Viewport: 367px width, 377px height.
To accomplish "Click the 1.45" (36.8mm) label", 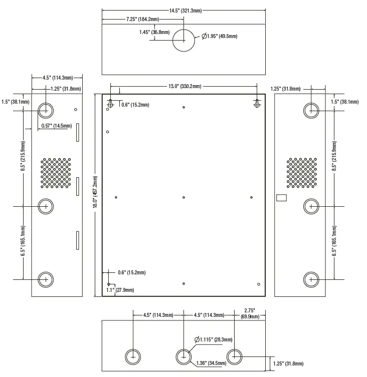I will coord(154,32).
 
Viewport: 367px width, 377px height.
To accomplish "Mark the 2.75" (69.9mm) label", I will coord(249,314).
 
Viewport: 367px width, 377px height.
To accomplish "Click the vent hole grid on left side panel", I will coord(56,173).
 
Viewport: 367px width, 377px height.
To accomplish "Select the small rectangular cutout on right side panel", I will coord(281,198).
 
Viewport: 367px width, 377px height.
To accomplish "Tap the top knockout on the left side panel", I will coord(46,109).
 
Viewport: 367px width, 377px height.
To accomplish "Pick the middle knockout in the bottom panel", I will coord(183,356).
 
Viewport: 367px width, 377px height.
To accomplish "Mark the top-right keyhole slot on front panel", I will coord(257,103).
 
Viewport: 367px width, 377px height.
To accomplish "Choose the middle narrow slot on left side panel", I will coord(78,186).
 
